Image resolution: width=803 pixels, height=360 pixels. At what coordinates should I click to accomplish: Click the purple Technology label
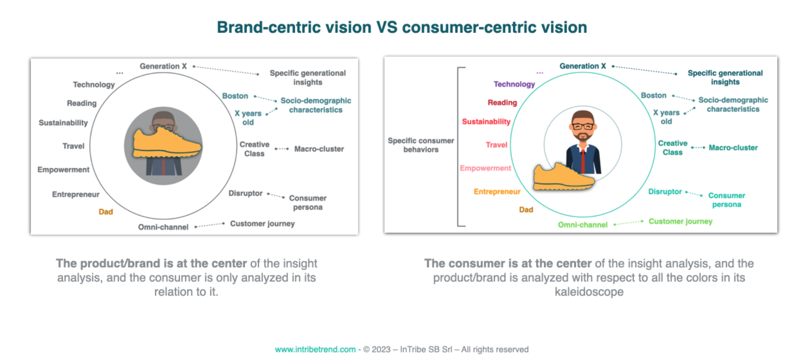point(514,84)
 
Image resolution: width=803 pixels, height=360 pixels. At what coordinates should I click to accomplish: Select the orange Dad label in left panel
point(106,212)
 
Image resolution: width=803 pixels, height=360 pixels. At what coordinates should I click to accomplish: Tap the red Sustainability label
point(486,122)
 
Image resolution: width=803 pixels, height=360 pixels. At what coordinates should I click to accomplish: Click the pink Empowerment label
point(485,168)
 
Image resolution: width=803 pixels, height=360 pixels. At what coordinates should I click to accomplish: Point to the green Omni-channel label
point(582,225)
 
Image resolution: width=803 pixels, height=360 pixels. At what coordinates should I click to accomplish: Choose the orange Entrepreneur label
point(497,191)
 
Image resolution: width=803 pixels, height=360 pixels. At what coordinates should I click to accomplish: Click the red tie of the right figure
point(583,161)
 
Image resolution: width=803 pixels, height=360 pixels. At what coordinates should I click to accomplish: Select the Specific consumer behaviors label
point(421,145)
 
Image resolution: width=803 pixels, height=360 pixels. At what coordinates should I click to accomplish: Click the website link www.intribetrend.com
point(315,350)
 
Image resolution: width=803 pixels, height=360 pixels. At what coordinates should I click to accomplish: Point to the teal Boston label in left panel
point(235,96)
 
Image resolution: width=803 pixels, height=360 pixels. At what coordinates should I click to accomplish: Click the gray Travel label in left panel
point(73,146)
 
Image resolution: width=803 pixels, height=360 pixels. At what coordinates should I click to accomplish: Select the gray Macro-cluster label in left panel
point(319,149)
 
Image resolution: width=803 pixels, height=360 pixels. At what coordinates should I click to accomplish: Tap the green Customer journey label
point(680,221)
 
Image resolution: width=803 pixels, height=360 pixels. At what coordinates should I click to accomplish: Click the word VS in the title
point(386,28)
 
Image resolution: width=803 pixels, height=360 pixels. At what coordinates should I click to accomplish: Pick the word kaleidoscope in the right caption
point(589,292)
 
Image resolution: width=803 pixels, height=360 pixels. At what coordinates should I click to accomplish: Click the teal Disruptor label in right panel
point(665,191)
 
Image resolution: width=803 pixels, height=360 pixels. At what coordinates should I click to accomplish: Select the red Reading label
point(502,102)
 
